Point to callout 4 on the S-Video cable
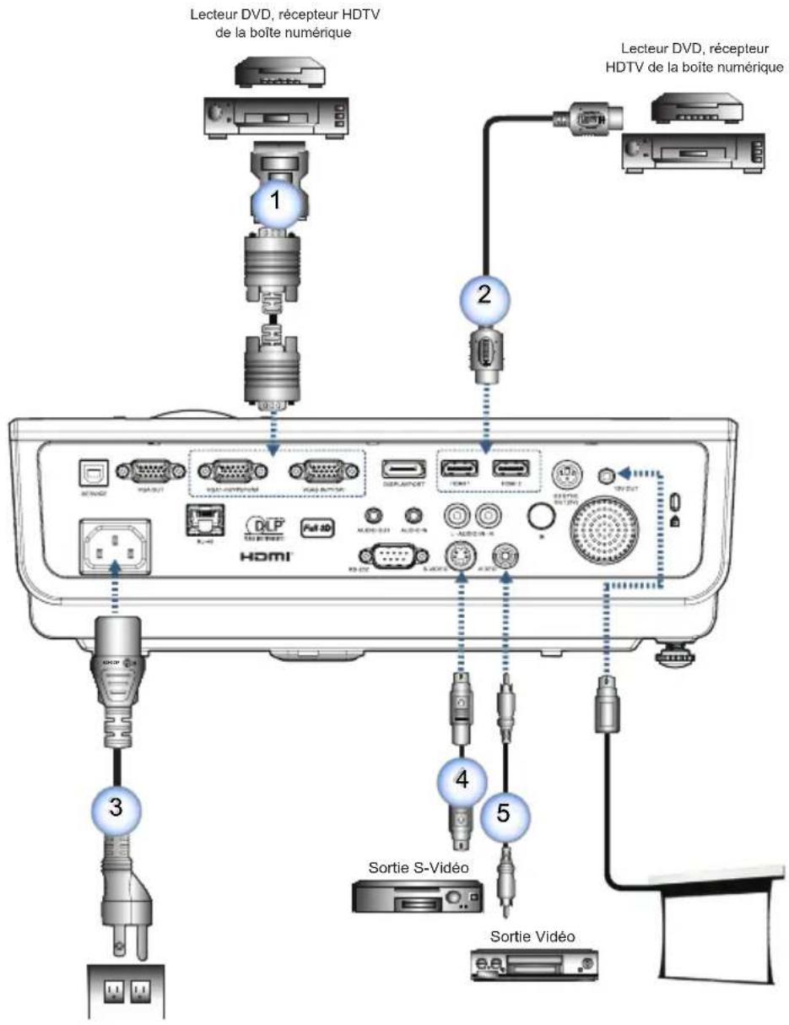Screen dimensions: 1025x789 461,779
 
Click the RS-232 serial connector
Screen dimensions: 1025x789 387,559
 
